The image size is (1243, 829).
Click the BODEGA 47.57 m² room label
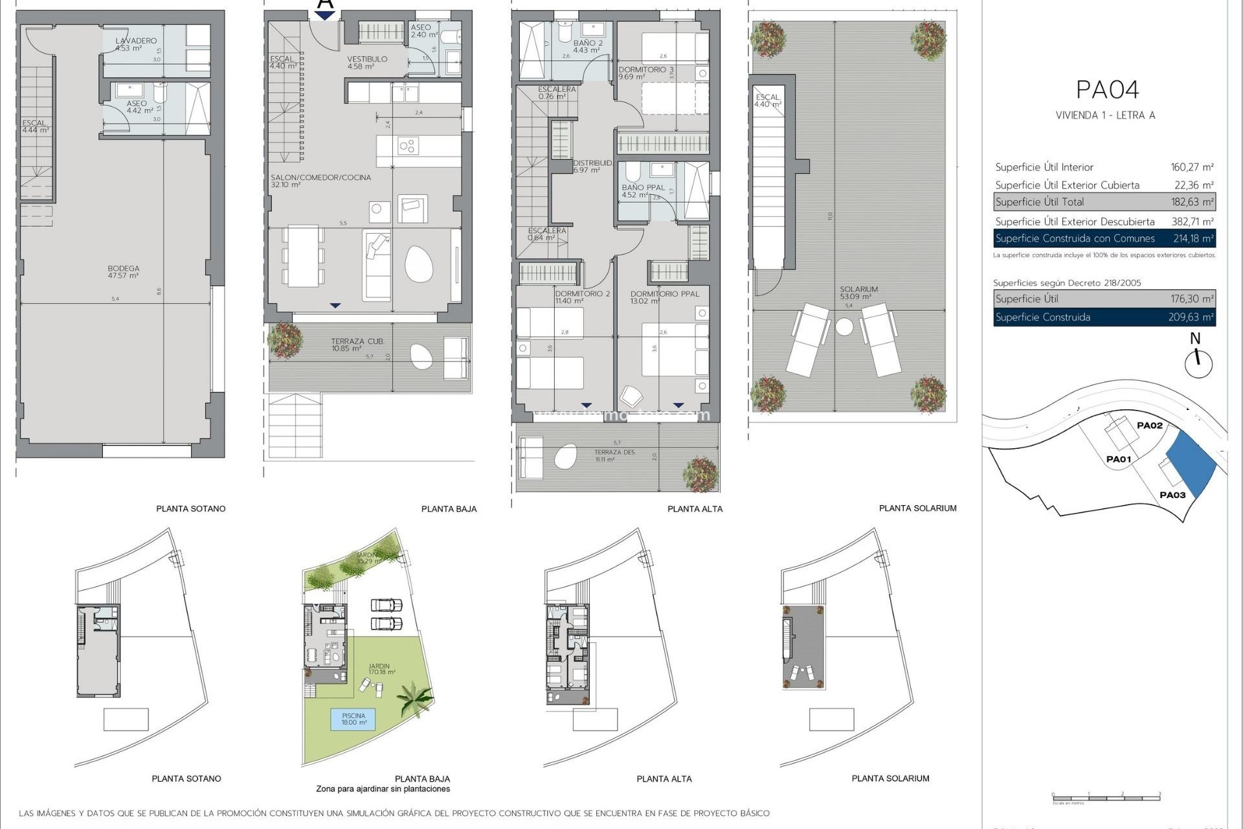tap(123, 271)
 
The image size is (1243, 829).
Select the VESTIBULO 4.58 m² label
tap(367, 62)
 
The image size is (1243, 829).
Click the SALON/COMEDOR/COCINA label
tap(320, 181)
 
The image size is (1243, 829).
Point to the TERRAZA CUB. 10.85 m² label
tap(357, 345)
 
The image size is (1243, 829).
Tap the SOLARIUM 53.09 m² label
tap(858, 293)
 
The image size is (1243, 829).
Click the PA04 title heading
tap(1107, 90)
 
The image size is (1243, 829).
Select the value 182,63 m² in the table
tap(1192, 202)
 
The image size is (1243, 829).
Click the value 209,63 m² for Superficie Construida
tap(1192, 317)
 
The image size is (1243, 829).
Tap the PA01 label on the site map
tap(1118, 459)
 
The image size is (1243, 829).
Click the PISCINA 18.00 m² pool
tap(353, 719)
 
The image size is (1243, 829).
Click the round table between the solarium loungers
tap(844, 326)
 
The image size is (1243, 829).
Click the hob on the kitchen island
tap(407, 146)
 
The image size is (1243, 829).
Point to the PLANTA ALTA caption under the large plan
tap(695, 509)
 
